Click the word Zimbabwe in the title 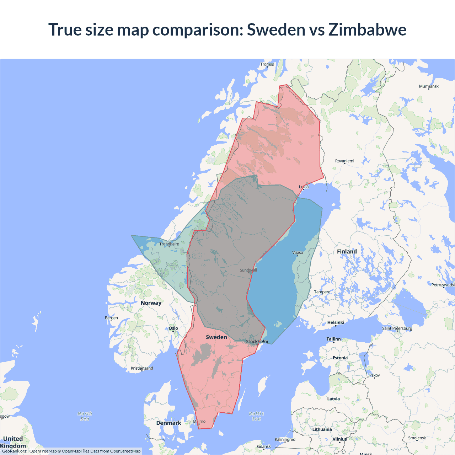point(367,30)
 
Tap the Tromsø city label point(267,64)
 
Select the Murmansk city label point(429,86)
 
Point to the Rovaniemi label point(344,161)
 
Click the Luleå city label point(304,187)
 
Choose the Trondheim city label point(169,244)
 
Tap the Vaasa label point(298,253)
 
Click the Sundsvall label point(248,270)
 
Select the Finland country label point(347,252)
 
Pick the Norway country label point(151,303)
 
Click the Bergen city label point(111,318)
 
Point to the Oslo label point(173,328)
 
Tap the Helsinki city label point(336,322)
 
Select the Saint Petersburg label point(397,328)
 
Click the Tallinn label point(333,339)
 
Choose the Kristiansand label point(142,368)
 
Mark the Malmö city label point(199,422)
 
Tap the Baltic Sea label point(256,416)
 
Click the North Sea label point(85,416)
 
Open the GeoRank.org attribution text point(14,451)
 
